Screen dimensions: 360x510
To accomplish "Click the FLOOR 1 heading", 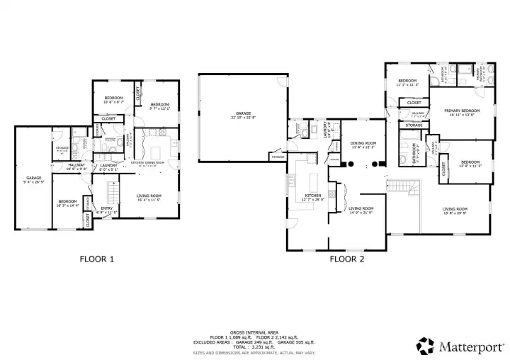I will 96,259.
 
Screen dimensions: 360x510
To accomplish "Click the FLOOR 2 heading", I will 346,259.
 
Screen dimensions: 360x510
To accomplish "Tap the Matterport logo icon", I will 425,346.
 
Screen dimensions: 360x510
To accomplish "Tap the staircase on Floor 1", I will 110,192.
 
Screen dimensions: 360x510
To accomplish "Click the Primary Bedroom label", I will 461,112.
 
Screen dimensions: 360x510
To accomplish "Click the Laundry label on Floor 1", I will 108,167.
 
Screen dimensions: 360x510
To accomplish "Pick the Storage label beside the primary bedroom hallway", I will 414,125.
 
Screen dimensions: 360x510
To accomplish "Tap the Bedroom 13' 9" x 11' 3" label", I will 467,163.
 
